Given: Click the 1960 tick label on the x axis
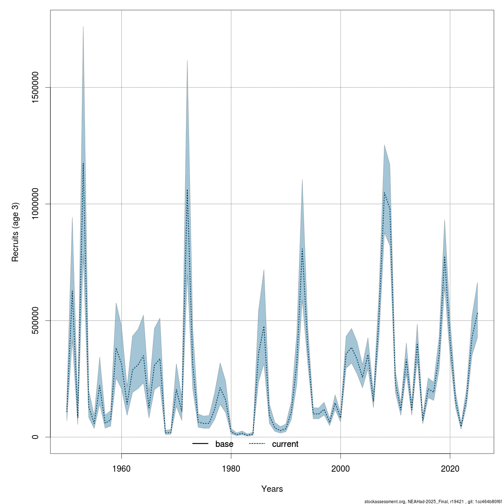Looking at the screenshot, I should point(121,468).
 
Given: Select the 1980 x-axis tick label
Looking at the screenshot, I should point(231,468).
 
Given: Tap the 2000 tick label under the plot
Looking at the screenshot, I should point(340,468).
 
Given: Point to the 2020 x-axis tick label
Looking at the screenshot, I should point(450,468).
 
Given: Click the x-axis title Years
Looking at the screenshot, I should point(272,489).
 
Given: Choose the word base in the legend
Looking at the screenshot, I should point(224,444).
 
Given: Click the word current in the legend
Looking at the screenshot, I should point(285,444).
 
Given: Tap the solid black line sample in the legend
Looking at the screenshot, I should point(201,444).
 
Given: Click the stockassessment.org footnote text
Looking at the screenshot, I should point(433,501).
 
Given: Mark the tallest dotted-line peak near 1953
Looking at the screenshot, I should point(83,163).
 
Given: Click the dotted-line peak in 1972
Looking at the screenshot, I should point(187,190).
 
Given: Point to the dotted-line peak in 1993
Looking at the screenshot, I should point(302,249).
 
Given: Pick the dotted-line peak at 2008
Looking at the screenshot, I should point(384,193).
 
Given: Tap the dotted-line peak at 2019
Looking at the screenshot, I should point(444,257).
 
